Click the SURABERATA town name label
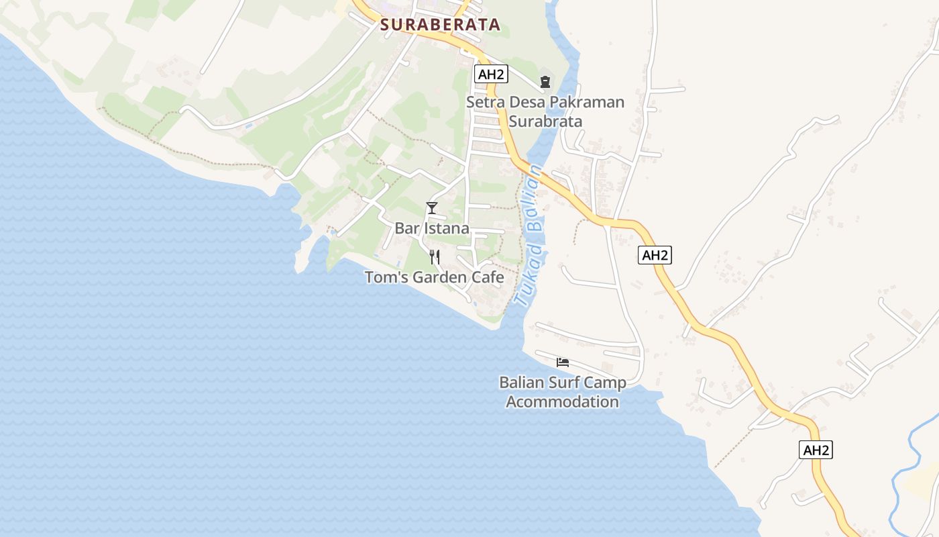[x=440, y=25]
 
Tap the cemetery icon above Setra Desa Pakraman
[x=545, y=82]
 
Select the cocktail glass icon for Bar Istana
[x=432, y=208]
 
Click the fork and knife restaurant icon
[x=435, y=256]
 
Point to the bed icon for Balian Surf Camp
[x=563, y=362]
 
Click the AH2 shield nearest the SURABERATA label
[x=490, y=74]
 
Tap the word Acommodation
[x=562, y=402]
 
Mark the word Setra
[x=485, y=103]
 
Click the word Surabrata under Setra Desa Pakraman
[x=545, y=121]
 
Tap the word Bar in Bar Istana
[x=406, y=228]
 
